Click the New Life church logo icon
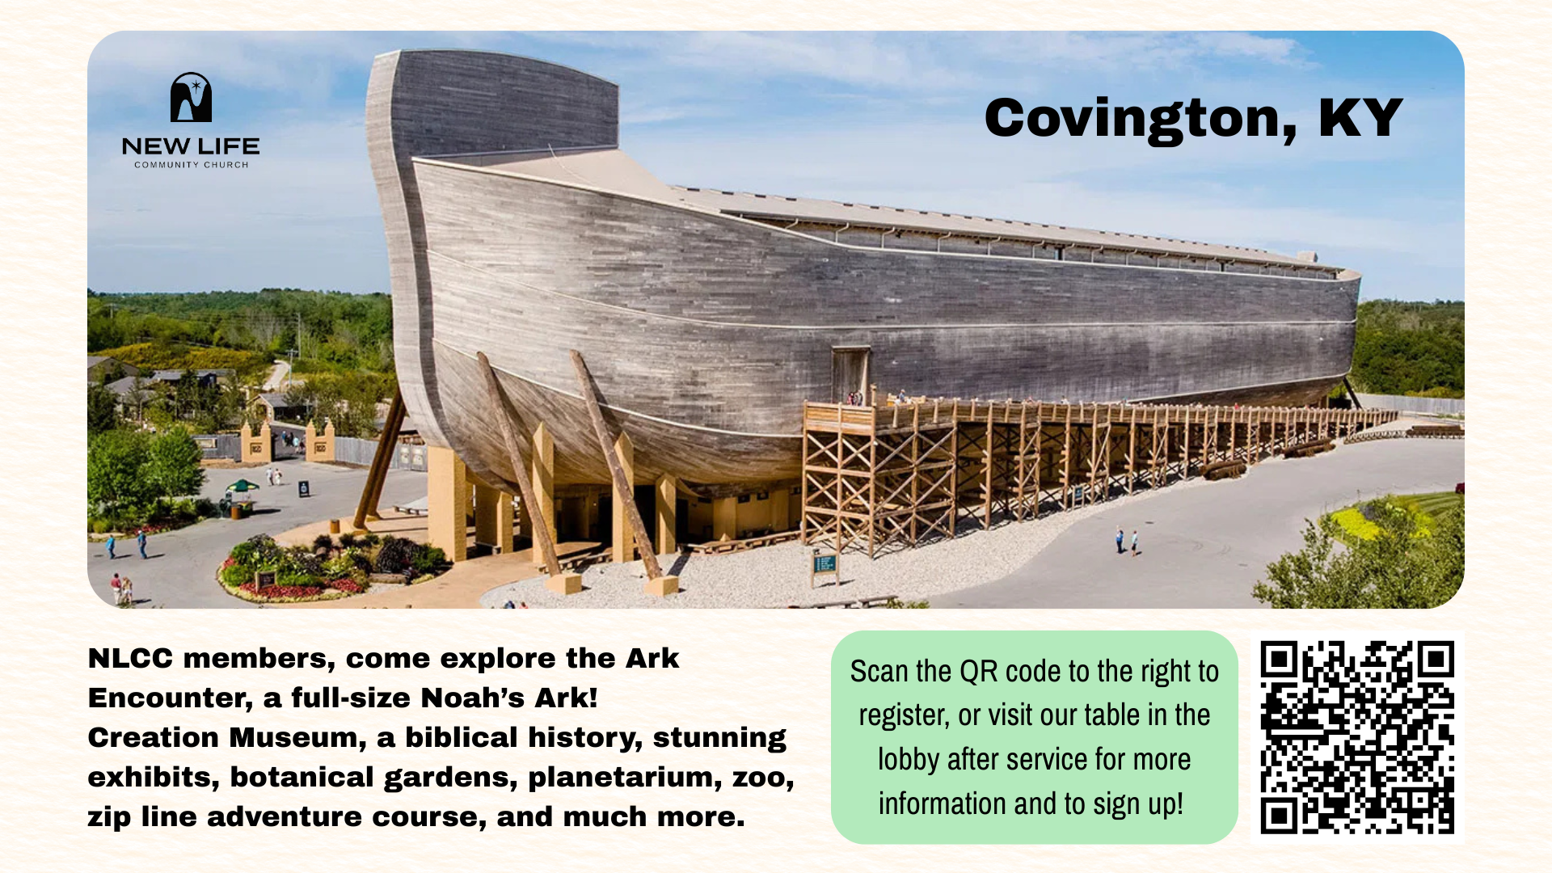191,98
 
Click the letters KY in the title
1360,118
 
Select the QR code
1357,737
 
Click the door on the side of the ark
850,374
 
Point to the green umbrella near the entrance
242,486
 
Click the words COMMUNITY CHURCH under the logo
192,165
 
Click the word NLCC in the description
130,658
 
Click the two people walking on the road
1127,540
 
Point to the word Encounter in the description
171,698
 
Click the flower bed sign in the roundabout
265,580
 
